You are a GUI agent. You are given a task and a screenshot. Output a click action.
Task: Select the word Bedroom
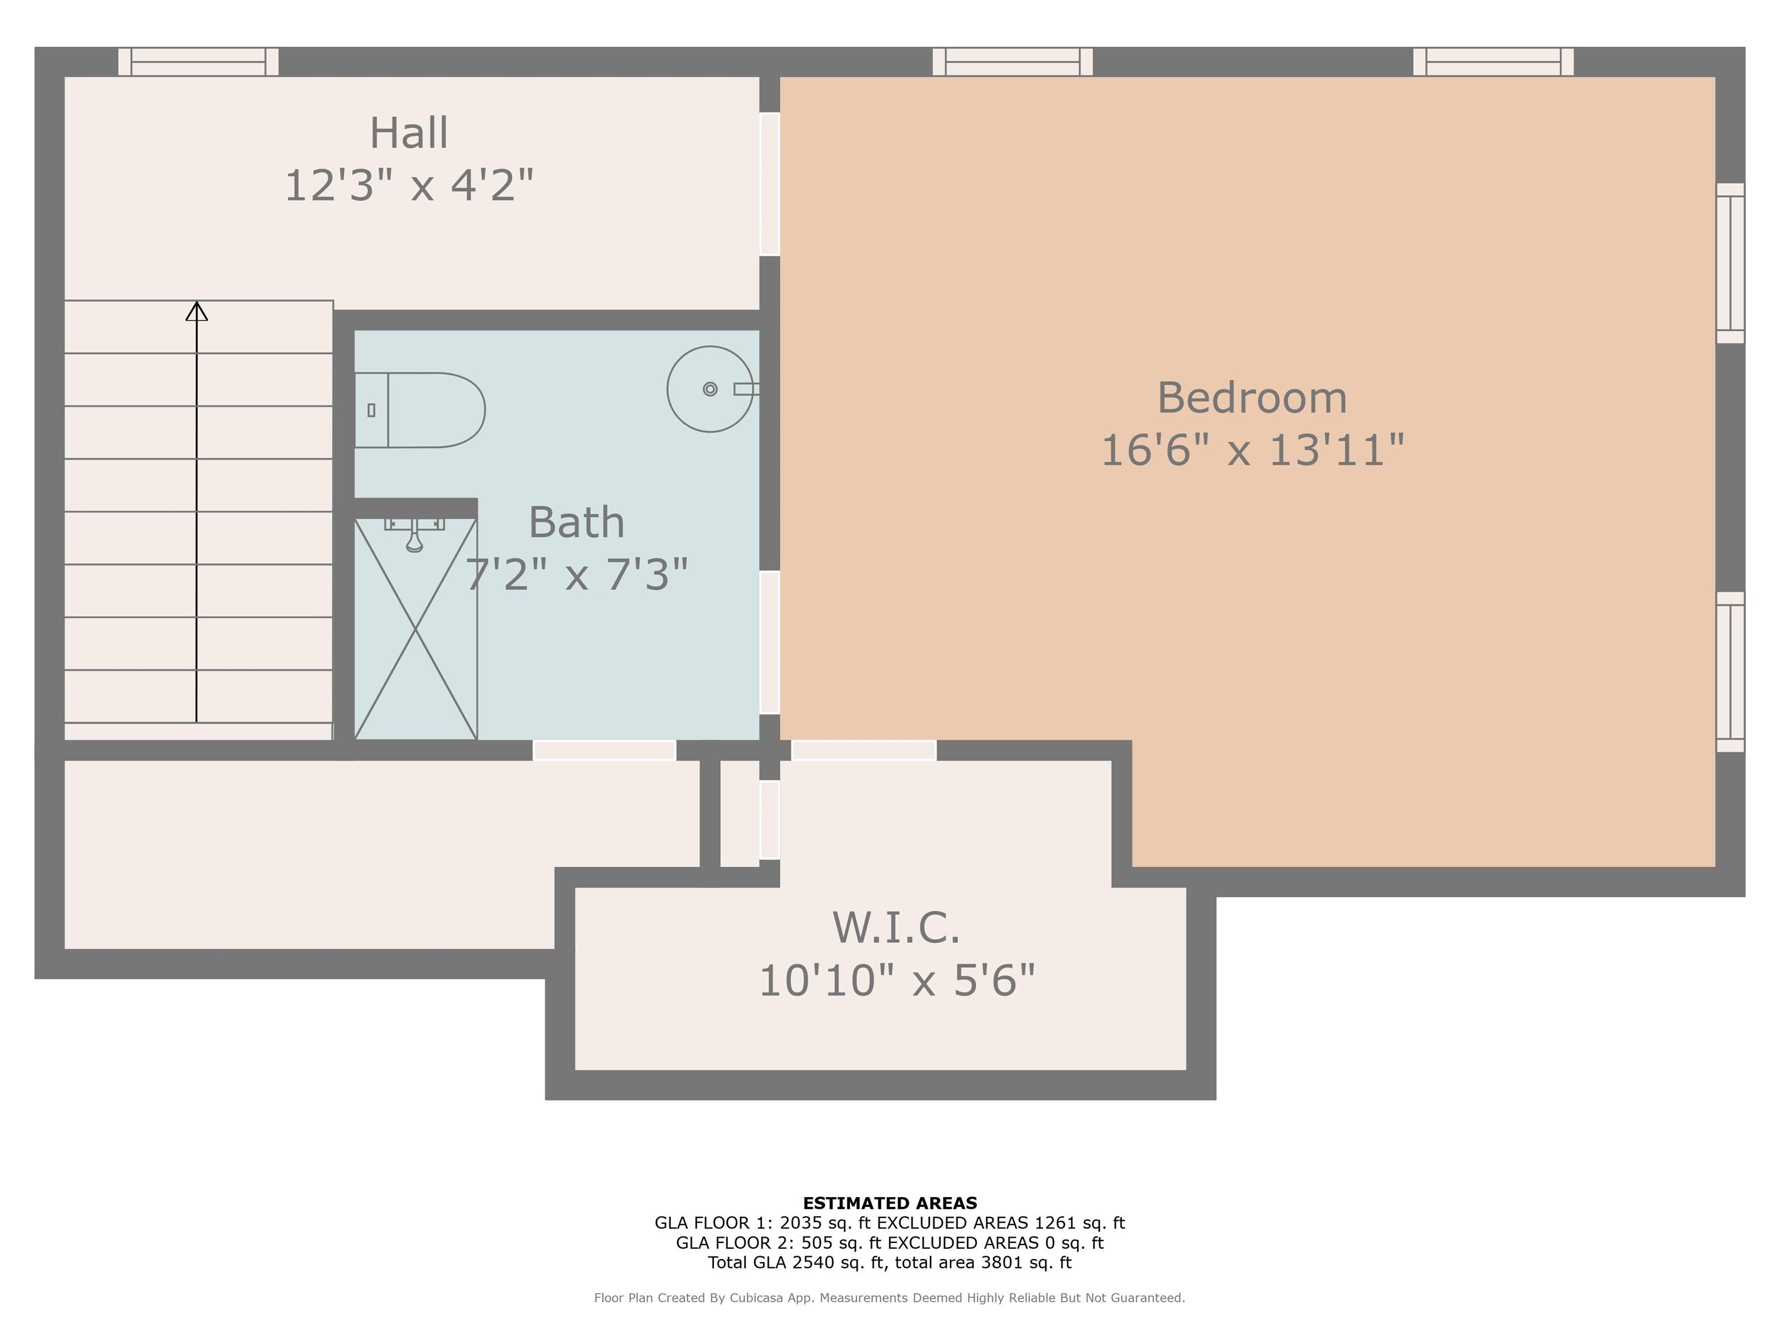1252,398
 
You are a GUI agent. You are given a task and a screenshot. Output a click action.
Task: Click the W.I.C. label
896,928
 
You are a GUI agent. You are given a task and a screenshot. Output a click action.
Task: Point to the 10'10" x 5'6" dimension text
896,981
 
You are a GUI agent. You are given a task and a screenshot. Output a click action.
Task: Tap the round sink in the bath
709,389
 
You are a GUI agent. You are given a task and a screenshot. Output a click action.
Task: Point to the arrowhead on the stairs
196,311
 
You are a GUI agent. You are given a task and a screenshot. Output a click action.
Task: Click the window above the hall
199,62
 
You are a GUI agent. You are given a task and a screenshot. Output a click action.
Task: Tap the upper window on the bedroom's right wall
1730,263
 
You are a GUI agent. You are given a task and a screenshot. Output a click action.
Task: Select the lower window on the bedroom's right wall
1730,672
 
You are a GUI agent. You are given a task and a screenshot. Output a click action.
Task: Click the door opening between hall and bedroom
769,184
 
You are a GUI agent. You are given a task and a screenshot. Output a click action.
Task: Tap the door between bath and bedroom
769,642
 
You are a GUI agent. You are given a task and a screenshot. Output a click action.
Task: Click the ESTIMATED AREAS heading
889,1203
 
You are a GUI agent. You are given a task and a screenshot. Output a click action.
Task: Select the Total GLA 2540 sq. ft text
797,1263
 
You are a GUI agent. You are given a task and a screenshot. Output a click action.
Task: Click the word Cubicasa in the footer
757,1298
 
